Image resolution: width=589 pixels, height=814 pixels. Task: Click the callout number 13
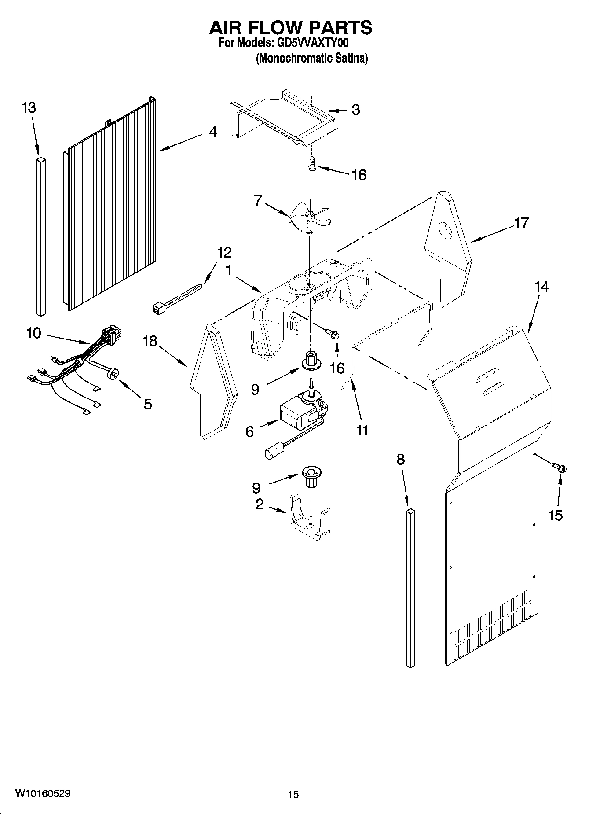(29, 107)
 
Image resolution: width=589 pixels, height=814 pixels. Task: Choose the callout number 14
(541, 287)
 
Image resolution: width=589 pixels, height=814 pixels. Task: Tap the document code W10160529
(43, 793)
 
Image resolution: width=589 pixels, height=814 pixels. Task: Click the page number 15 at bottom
(293, 795)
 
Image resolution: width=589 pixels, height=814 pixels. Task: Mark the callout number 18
(150, 341)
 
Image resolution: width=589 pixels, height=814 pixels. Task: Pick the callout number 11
(362, 430)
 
